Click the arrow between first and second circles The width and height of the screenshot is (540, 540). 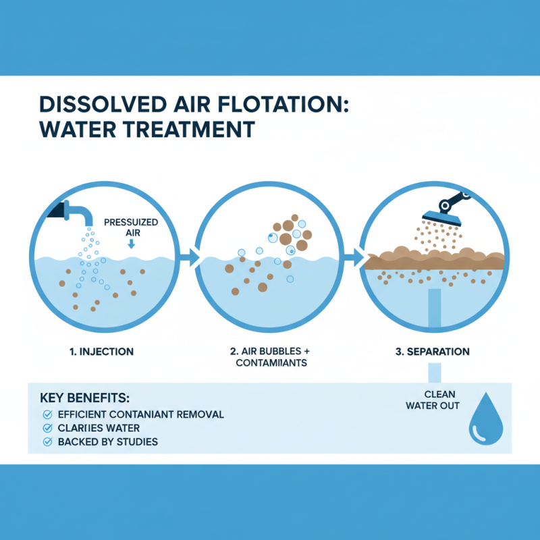pos(191,257)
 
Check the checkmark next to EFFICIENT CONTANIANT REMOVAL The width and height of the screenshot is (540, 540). pos(47,414)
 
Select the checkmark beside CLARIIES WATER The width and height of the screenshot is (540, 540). pos(47,428)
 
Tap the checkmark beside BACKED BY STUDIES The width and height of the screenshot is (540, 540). pos(47,442)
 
